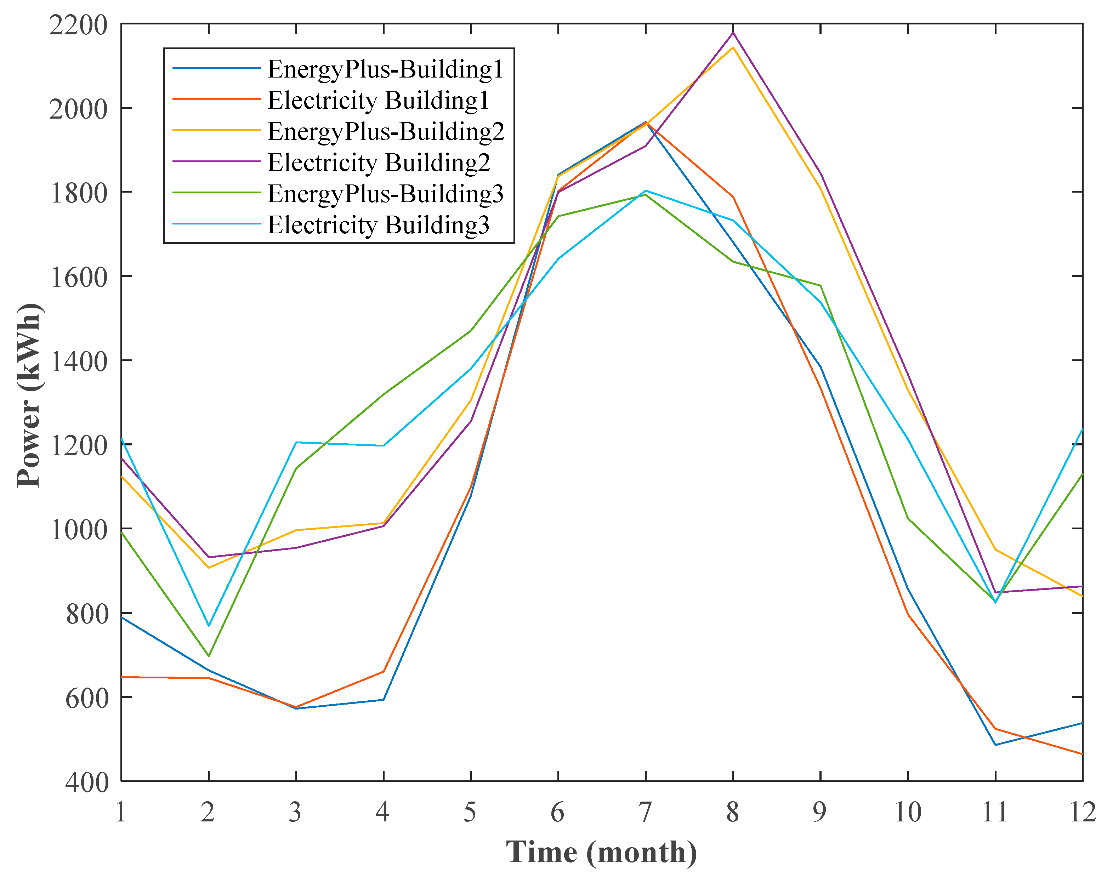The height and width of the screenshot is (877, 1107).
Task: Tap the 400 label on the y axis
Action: [x=87, y=782]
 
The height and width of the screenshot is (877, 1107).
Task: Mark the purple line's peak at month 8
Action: [x=733, y=33]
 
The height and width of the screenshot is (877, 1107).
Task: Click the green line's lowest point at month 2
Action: [x=209, y=656]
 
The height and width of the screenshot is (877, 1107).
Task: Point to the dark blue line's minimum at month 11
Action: [x=995, y=745]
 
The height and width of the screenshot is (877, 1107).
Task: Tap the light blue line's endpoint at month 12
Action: [x=1082, y=429]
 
